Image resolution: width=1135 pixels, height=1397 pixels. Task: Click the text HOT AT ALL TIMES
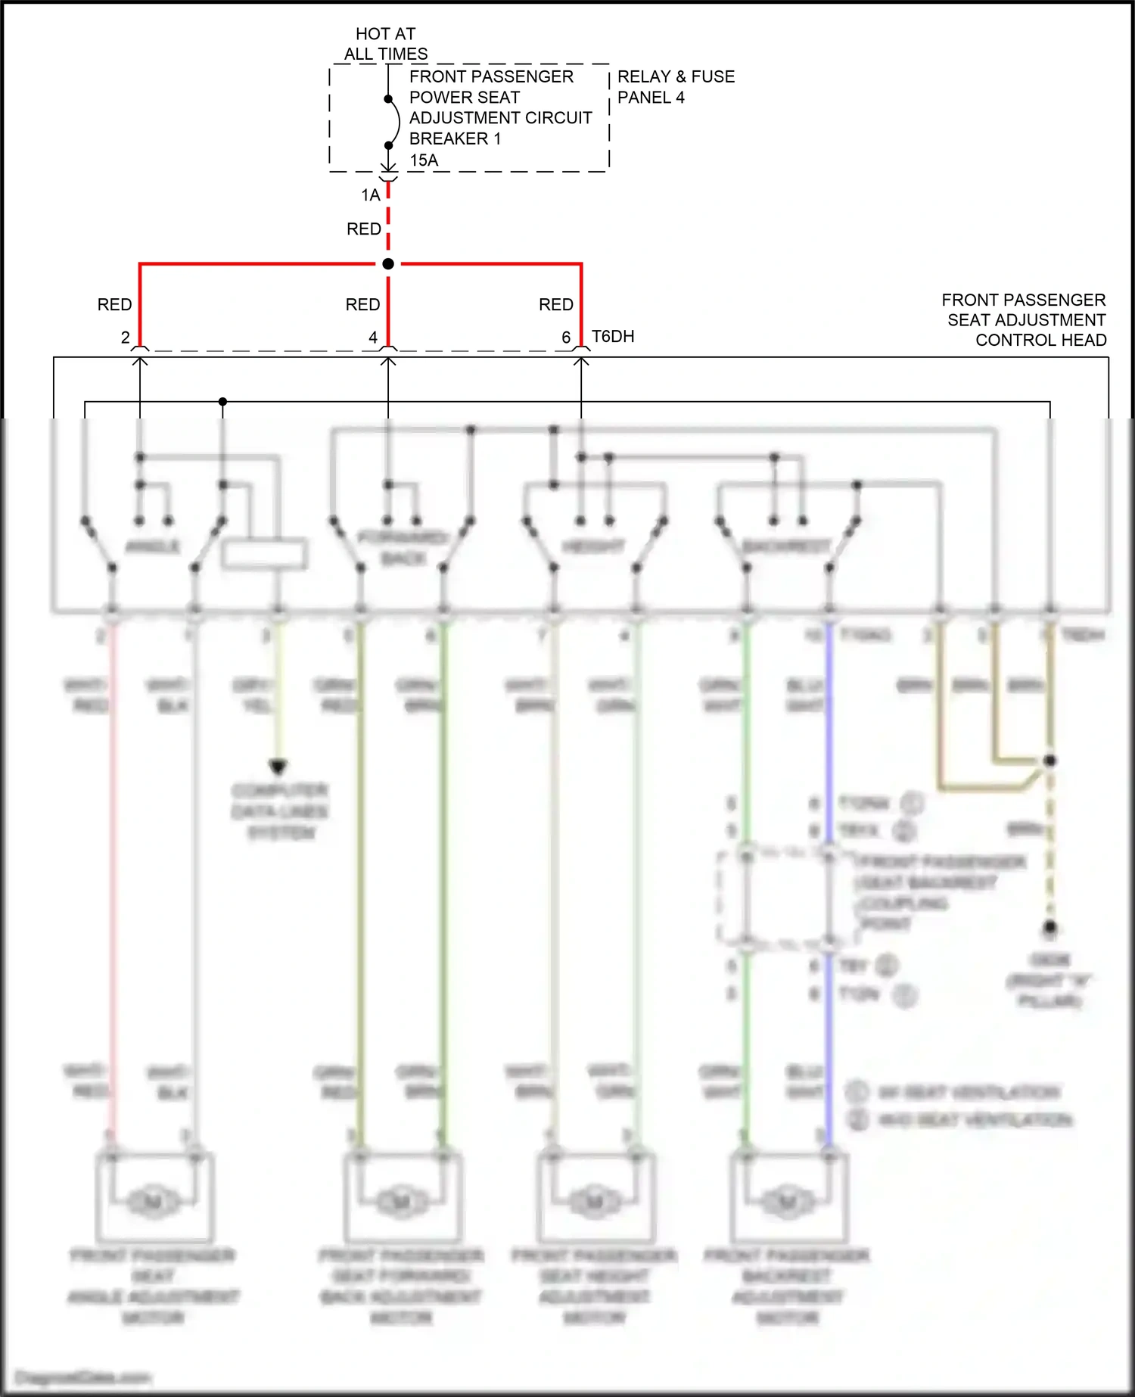[385, 44]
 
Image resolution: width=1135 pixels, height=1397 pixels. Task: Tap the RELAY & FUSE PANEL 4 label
[675, 86]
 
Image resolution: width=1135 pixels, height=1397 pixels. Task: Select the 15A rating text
[424, 160]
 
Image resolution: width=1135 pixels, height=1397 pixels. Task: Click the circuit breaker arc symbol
[395, 122]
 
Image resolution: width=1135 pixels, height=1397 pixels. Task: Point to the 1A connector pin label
[370, 195]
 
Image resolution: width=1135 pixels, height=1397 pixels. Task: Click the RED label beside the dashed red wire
[363, 229]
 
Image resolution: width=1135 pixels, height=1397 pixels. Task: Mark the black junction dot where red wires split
[388, 264]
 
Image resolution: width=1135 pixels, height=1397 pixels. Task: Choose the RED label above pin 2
[114, 304]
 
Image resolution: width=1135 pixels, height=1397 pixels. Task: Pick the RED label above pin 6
[555, 304]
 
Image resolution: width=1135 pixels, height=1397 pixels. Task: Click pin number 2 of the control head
[125, 338]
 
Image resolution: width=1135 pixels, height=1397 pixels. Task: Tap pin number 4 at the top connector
[373, 338]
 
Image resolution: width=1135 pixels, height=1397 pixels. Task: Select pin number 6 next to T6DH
[566, 338]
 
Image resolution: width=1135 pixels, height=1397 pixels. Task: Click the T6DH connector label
[613, 337]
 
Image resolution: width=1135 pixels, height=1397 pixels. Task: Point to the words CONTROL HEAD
[1040, 341]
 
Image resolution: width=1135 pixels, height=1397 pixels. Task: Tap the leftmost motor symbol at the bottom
[153, 1201]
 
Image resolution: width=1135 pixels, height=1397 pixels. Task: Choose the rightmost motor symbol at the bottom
[788, 1201]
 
